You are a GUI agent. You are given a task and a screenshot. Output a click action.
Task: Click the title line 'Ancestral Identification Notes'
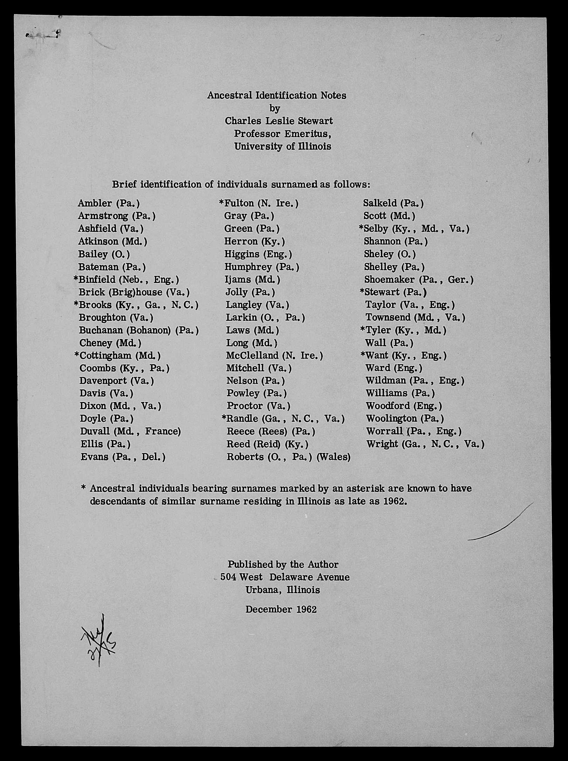tap(276, 95)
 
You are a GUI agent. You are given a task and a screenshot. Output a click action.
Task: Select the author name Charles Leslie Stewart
tap(279, 121)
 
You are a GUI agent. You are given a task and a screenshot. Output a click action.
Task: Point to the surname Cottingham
tap(105, 355)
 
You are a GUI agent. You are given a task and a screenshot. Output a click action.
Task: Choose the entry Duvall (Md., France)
tap(130, 431)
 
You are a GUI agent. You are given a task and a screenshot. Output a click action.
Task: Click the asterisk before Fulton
tap(221, 203)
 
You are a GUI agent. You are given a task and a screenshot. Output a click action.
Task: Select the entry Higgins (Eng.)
tap(258, 254)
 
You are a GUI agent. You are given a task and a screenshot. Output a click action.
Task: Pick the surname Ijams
tap(238, 279)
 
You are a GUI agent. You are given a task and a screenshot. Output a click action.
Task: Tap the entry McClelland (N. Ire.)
tap(274, 355)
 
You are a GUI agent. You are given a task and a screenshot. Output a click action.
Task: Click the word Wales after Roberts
tap(333, 457)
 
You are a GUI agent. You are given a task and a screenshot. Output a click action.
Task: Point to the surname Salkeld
tap(380, 203)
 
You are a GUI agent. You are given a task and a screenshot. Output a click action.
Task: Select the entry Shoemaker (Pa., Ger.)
tap(419, 279)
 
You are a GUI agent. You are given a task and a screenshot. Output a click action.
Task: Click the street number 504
tap(228, 577)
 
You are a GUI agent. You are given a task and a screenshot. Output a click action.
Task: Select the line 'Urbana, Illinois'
tap(282, 590)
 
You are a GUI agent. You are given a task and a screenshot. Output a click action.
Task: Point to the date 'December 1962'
tap(281, 609)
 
